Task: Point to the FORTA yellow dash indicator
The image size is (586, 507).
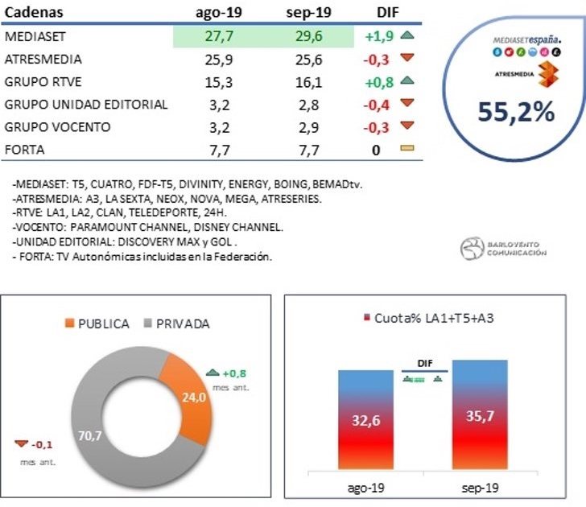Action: click(406, 149)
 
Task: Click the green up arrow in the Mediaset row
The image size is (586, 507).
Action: click(406, 36)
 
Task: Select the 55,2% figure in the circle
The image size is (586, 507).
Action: click(516, 112)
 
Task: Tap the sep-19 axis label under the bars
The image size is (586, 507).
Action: click(481, 488)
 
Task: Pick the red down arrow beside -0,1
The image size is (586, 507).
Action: click(21, 444)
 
